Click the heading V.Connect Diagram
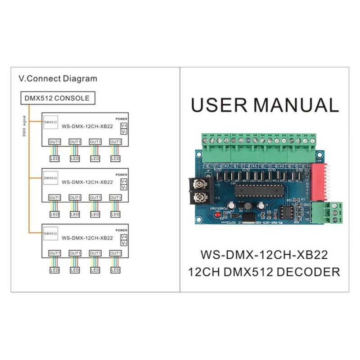[58, 78]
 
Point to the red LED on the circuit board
[217, 216]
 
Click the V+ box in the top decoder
[124, 126]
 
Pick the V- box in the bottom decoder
[124, 243]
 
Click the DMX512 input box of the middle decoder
[51, 178]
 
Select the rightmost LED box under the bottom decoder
[115, 270]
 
